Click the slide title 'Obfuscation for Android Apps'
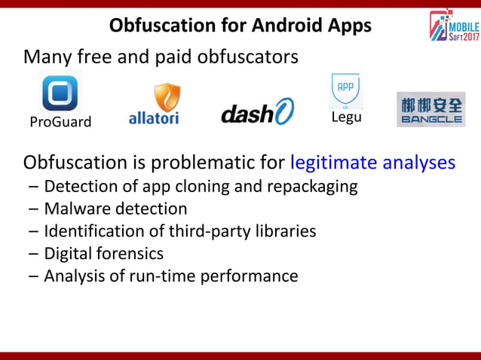pyautogui.click(x=240, y=26)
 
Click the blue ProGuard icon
pyautogui.click(x=60, y=93)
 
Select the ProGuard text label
pyautogui.click(x=60, y=122)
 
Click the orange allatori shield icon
pyautogui.click(x=167, y=98)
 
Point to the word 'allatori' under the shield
pyautogui.click(x=154, y=118)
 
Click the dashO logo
pyautogui.click(x=257, y=111)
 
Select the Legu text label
pyautogui.click(x=347, y=117)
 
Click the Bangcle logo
pyautogui.click(x=430, y=109)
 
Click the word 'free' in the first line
pyautogui.click(x=92, y=56)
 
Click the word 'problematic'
pyautogui.click(x=219, y=163)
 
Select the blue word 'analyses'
pyautogui.click(x=421, y=163)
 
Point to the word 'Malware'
pyautogui.click(x=76, y=209)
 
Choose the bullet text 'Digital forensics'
pyautogui.click(x=103, y=253)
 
